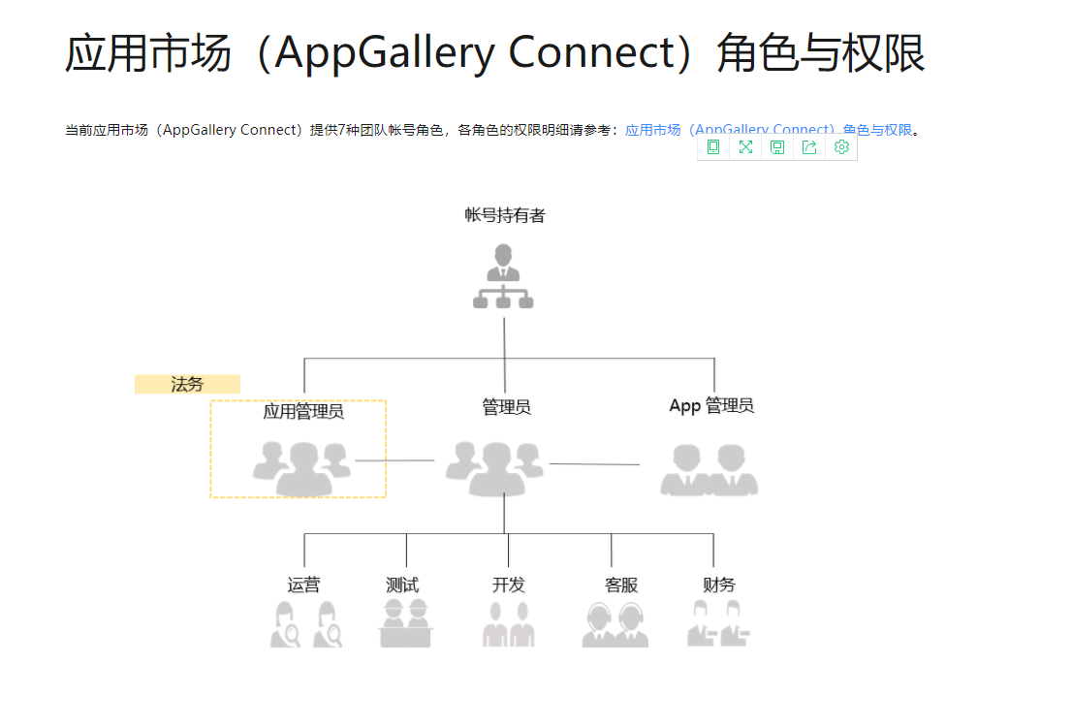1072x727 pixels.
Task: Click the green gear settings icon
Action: click(x=841, y=147)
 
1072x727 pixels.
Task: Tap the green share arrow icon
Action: click(x=809, y=147)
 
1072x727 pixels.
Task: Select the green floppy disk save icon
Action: click(x=777, y=147)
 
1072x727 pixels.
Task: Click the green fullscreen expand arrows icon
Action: click(x=745, y=147)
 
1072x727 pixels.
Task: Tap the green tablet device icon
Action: click(x=713, y=147)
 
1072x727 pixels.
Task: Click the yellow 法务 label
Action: click(x=187, y=384)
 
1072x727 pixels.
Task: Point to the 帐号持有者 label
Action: click(x=505, y=215)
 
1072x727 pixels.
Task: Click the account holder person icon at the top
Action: click(x=503, y=277)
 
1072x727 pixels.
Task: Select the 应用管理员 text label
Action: click(x=303, y=412)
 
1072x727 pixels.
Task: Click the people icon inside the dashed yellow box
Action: click(x=301, y=468)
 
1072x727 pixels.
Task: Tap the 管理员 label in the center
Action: click(x=506, y=407)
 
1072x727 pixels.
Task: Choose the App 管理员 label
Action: click(x=711, y=406)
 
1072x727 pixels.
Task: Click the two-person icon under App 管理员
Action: click(x=709, y=470)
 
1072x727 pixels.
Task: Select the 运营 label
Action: click(x=303, y=585)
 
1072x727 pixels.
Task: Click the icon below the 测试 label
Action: click(x=406, y=623)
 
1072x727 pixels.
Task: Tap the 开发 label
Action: click(x=508, y=585)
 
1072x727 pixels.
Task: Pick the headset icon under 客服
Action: click(x=615, y=624)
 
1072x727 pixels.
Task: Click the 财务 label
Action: click(x=719, y=585)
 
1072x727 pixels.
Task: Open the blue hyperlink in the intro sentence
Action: click(x=768, y=130)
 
